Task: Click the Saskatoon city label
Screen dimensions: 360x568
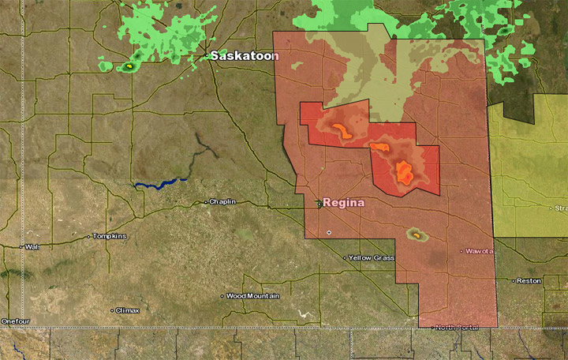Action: tap(245, 56)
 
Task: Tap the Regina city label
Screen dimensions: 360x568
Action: tap(344, 203)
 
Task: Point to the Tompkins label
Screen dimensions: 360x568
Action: tap(110, 236)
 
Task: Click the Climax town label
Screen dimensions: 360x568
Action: tap(128, 310)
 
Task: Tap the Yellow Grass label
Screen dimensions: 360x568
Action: tap(372, 258)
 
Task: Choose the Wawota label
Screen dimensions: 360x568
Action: tap(480, 251)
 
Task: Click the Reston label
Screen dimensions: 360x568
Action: tap(529, 280)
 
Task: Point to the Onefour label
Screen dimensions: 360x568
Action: tap(15, 321)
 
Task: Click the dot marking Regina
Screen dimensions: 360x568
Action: tap(319, 203)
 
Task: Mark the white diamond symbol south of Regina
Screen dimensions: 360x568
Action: tap(329, 232)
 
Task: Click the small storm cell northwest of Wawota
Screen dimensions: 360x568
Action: tap(416, 234)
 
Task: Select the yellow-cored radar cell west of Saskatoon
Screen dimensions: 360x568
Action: tap(129, 67)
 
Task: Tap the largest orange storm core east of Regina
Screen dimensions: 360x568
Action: tap(404, 171)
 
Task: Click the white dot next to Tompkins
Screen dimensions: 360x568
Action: tap(90, 236)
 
